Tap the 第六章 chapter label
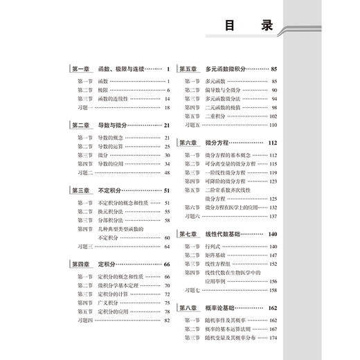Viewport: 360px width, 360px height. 189,143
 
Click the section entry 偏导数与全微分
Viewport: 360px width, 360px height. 226,91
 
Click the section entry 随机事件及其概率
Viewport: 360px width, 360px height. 228,320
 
